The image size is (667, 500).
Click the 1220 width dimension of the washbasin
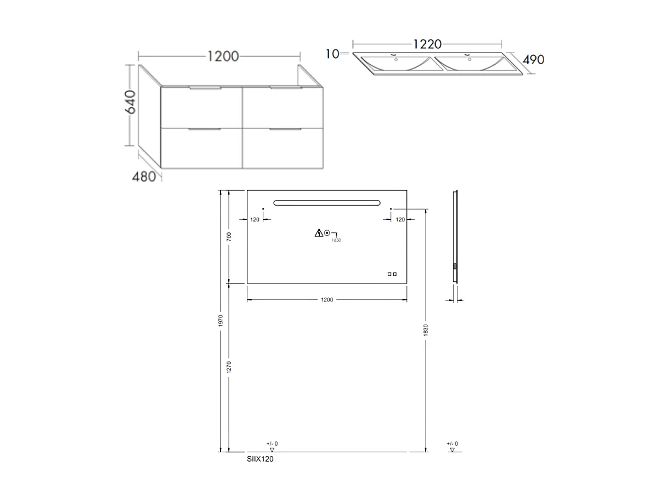coord(427,44)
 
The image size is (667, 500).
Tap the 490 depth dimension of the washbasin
coord(533,60)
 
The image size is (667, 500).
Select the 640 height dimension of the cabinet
coord(131,102)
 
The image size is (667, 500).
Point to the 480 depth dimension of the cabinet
coord(144,177)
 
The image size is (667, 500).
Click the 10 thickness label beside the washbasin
coord(332,54)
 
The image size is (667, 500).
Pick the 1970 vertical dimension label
coord(221,321)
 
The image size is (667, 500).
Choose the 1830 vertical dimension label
coord(426,330)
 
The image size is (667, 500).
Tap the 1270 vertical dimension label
coord(229,367)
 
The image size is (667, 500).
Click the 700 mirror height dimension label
coord(229,237)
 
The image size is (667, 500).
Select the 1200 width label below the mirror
coord(327,300)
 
